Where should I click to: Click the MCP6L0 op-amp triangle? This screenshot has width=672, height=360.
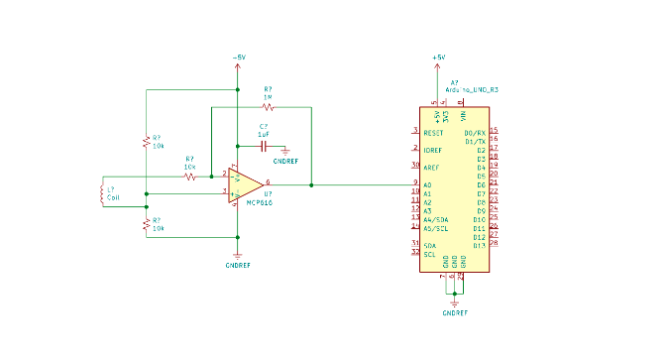click(x=245, y=184)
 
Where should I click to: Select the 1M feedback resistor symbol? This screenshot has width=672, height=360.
click(x=268, y=106)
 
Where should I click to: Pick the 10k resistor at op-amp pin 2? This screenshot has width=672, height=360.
click(x=189, y=176)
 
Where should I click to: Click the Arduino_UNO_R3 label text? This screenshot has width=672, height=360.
click(x=472, y=89)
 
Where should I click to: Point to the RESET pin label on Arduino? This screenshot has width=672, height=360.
click(x=433, y=132)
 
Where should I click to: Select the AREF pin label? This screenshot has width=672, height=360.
click(x=431, y=168)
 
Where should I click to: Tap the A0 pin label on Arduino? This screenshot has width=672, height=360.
click(x=427, y=184)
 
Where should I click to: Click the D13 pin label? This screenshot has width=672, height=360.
click(x=480, y=244)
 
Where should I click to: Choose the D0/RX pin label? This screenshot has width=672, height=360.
click(x=475, y=132)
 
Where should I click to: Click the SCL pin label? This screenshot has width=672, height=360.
click(x=429, y=254)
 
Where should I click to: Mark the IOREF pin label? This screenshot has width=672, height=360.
click(x=432, y=150)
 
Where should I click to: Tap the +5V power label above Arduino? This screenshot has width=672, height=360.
click(x=439, y=58)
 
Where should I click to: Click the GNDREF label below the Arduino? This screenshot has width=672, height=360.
click(x=454, y=312)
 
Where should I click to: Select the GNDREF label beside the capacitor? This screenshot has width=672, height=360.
click(x=285, y=160)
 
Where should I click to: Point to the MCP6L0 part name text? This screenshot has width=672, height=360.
click(x=260, y=202)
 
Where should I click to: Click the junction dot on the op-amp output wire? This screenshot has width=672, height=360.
click(x=311, y=184)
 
